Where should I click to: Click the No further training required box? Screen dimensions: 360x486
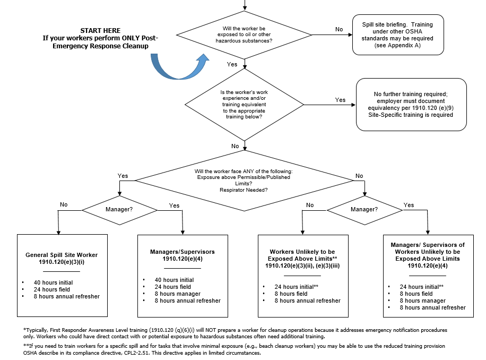click(412, 104)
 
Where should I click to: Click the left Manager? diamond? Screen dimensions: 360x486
click(119, 209)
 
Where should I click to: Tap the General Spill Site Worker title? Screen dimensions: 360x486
click(62, 259)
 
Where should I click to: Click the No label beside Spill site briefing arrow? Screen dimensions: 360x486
click(339, 29)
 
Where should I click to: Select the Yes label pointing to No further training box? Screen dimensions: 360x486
click(341, 100)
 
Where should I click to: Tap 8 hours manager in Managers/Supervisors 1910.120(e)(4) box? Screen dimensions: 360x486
click(177, 294)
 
